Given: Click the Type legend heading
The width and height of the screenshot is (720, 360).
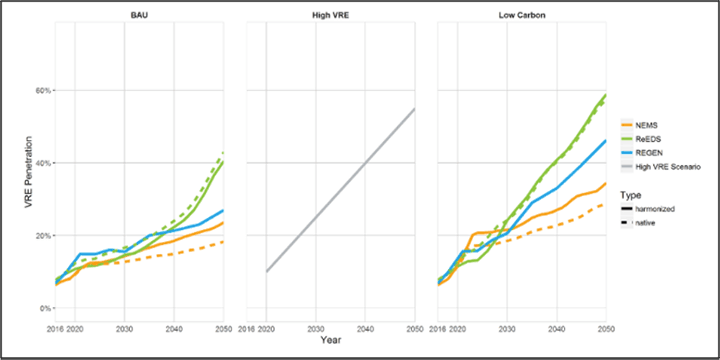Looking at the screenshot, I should point(630,194).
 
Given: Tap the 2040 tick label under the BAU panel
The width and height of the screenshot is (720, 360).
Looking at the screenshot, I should point(173,327).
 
